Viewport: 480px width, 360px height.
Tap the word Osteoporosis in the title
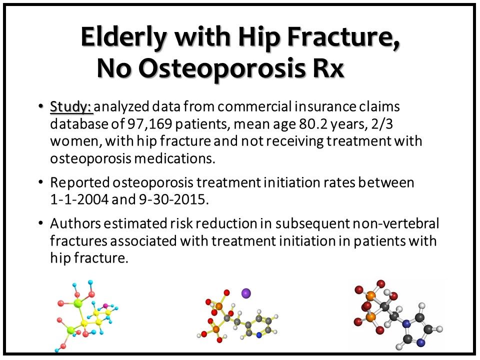coord(222,67)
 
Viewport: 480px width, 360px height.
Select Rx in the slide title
coord(328,68)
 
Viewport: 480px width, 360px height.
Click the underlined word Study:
coord(71,107)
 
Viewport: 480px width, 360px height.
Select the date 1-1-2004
coord(79,199)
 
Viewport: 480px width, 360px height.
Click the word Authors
coord(75,223)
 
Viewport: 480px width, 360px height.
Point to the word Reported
coord(80,183)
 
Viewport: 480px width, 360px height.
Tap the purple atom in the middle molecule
coord(246,293)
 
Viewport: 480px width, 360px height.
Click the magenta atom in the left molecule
coord(105,305)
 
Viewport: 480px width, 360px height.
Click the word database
coord(79,124)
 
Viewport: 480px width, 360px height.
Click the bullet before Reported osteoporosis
coord(40,183)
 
